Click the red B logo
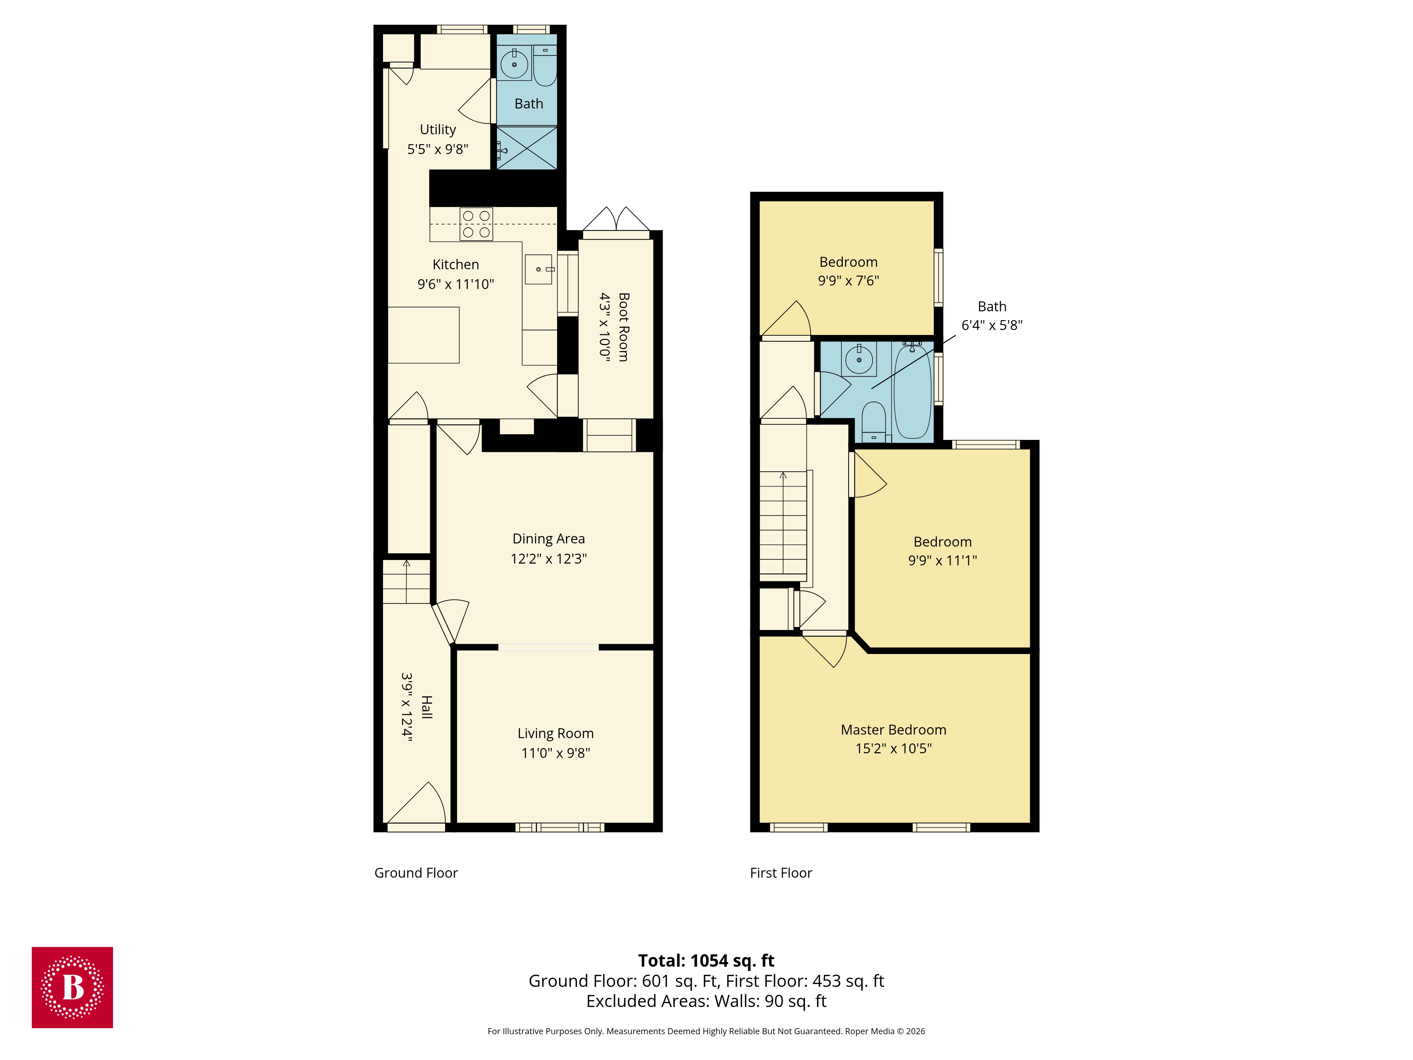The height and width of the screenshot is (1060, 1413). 72,987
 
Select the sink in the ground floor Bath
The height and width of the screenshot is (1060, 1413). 514,64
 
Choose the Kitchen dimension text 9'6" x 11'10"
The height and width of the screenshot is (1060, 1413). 455,284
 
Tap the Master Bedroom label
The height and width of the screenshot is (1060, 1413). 893,730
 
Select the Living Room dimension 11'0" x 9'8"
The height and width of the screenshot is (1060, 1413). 555,753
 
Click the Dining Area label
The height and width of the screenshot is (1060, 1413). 548,538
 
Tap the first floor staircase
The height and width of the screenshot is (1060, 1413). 782,524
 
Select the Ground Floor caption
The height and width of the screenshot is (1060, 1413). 416,873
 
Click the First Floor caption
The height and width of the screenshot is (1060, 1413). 781,873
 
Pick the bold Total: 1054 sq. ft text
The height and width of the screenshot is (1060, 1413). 706,960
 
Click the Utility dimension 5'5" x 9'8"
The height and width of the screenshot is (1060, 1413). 438,149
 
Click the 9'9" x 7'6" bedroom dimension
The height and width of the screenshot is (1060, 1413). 848,281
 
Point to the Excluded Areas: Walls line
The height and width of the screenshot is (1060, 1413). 706,1001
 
